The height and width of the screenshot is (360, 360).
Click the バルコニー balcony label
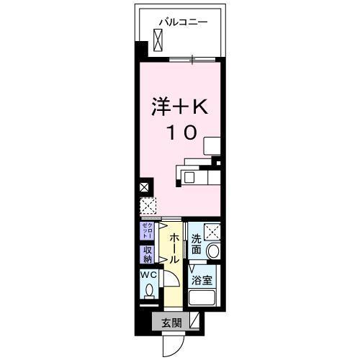point(184,22)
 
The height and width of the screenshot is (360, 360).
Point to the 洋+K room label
point(179,107)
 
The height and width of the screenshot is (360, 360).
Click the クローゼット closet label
point(145,231)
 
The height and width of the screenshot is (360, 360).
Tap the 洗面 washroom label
point(196,245)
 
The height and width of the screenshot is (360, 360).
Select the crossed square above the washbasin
point(212,232)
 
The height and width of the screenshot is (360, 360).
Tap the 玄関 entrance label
point(170,322)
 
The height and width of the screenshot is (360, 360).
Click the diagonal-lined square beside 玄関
point(194,322)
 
